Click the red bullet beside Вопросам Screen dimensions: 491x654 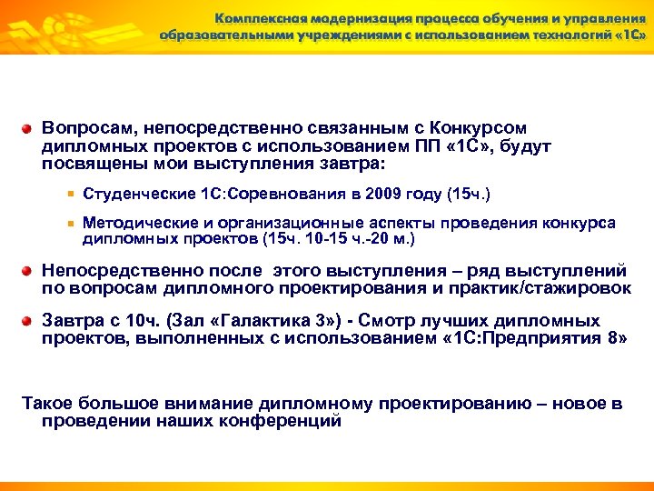pyautogui.click(x=28, y=129)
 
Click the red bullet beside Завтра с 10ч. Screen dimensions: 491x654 pyautogui.click(x=28, y=321)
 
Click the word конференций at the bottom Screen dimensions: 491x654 pyautogui.click(x=288, y=421)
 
